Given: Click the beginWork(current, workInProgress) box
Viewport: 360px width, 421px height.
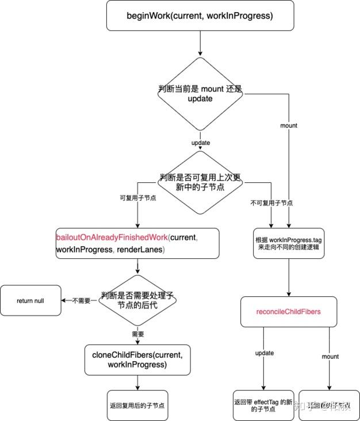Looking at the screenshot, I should coord(199,16).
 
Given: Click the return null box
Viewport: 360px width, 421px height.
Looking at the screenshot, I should coord(30,300).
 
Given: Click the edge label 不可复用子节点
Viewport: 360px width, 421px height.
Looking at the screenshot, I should coord(271,203).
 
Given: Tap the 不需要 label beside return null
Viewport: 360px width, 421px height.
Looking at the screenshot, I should coord(81,300).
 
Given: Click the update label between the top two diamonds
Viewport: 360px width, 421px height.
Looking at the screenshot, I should coord(199,142).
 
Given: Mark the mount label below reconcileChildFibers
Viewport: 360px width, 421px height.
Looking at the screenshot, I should coord(330,357).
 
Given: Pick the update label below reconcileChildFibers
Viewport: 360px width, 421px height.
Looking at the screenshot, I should coord(264,353).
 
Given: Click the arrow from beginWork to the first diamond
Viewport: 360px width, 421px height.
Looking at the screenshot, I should coord(199,43).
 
